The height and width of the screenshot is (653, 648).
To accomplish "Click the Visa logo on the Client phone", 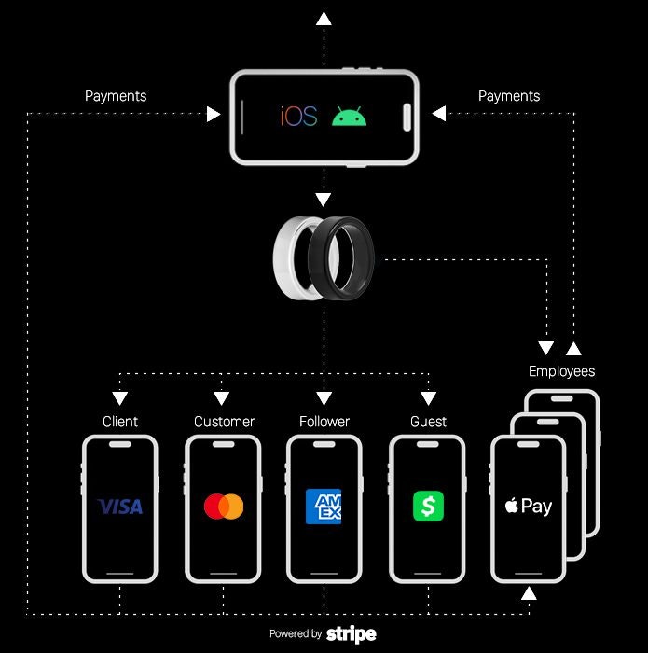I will [120, 507].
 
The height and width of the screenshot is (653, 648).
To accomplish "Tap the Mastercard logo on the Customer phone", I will [224, 507].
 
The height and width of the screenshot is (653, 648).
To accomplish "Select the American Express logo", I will [324, 507].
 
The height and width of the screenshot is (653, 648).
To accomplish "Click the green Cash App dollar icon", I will [428, 507].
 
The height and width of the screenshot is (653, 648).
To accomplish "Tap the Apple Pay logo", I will [528, 507].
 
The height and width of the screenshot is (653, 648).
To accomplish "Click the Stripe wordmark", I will [352, 634].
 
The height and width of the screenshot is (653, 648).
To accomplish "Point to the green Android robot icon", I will [349, 117].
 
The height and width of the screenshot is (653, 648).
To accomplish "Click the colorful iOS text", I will [299, 117].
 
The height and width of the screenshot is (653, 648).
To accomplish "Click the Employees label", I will [561, 371].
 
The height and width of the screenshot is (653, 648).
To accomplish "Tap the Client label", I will [120, 422].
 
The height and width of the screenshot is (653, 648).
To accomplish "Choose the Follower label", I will [324, 422].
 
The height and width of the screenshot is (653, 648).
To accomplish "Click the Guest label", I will [428, 422].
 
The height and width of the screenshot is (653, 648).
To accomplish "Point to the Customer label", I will [224, 422].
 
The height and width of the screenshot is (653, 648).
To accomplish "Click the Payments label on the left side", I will [116, 96].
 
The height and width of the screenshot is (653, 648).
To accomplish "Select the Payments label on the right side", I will [509, 96].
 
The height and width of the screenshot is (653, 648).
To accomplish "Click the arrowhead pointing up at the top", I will [324, 18].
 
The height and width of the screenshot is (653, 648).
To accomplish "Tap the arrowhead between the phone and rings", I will [324, 199].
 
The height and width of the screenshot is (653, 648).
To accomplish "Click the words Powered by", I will [296, 634].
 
